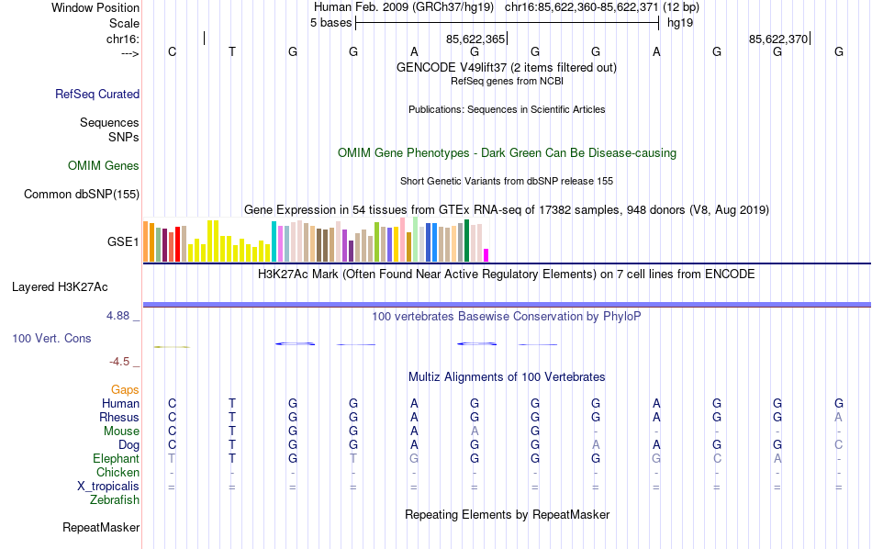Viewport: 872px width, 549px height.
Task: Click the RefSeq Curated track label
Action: (97, 94)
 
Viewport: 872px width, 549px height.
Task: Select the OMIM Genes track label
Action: (104, 166)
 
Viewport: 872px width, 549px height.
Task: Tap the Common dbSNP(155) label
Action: (82, 194)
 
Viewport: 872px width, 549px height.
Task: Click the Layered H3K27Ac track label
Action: (75, 286)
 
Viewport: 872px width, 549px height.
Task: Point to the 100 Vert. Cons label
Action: (51, 339)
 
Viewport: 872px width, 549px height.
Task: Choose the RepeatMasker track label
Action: (101, 528)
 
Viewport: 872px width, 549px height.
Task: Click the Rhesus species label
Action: (119, 418)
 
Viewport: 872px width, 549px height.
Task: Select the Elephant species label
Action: (116, 459)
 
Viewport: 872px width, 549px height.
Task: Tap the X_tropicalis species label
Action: (108, 487)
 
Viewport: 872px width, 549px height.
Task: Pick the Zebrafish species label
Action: (115, 500)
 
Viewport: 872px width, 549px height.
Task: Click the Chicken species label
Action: (117, 473)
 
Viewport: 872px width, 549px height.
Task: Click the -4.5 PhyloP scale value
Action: (123, 362)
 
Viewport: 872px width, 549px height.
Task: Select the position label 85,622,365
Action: (475, 39)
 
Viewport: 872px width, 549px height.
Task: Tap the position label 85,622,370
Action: (778, 39)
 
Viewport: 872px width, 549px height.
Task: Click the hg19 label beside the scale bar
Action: (680, 23)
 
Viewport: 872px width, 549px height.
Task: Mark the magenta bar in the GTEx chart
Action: (486, 254)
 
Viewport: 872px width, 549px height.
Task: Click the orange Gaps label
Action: (125, 390)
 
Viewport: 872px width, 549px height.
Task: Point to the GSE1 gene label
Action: (123, 242)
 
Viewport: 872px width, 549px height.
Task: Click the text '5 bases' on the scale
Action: (330, 23)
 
